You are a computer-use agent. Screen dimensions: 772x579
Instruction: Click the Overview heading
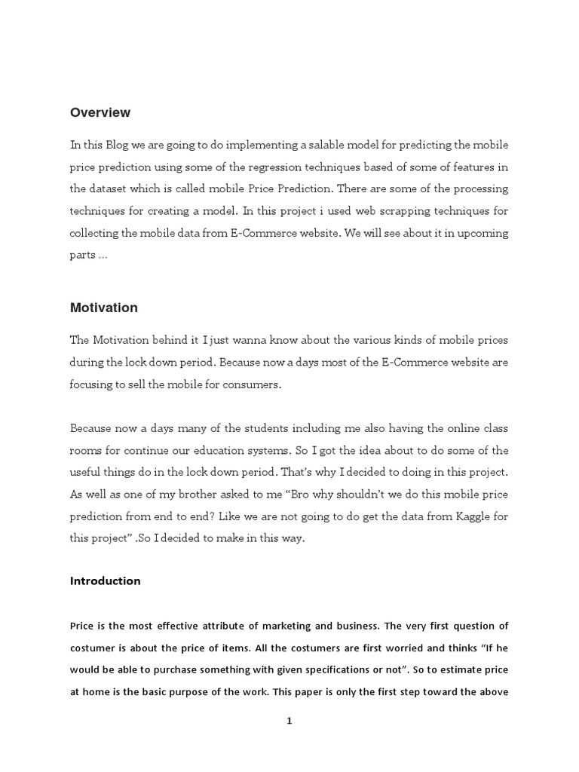100,112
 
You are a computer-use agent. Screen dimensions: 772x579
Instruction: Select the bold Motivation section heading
103,308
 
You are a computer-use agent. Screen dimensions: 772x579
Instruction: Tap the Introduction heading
105,581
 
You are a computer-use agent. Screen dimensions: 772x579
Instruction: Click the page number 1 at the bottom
289,721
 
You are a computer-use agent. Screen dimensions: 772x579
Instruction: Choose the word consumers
253,384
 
